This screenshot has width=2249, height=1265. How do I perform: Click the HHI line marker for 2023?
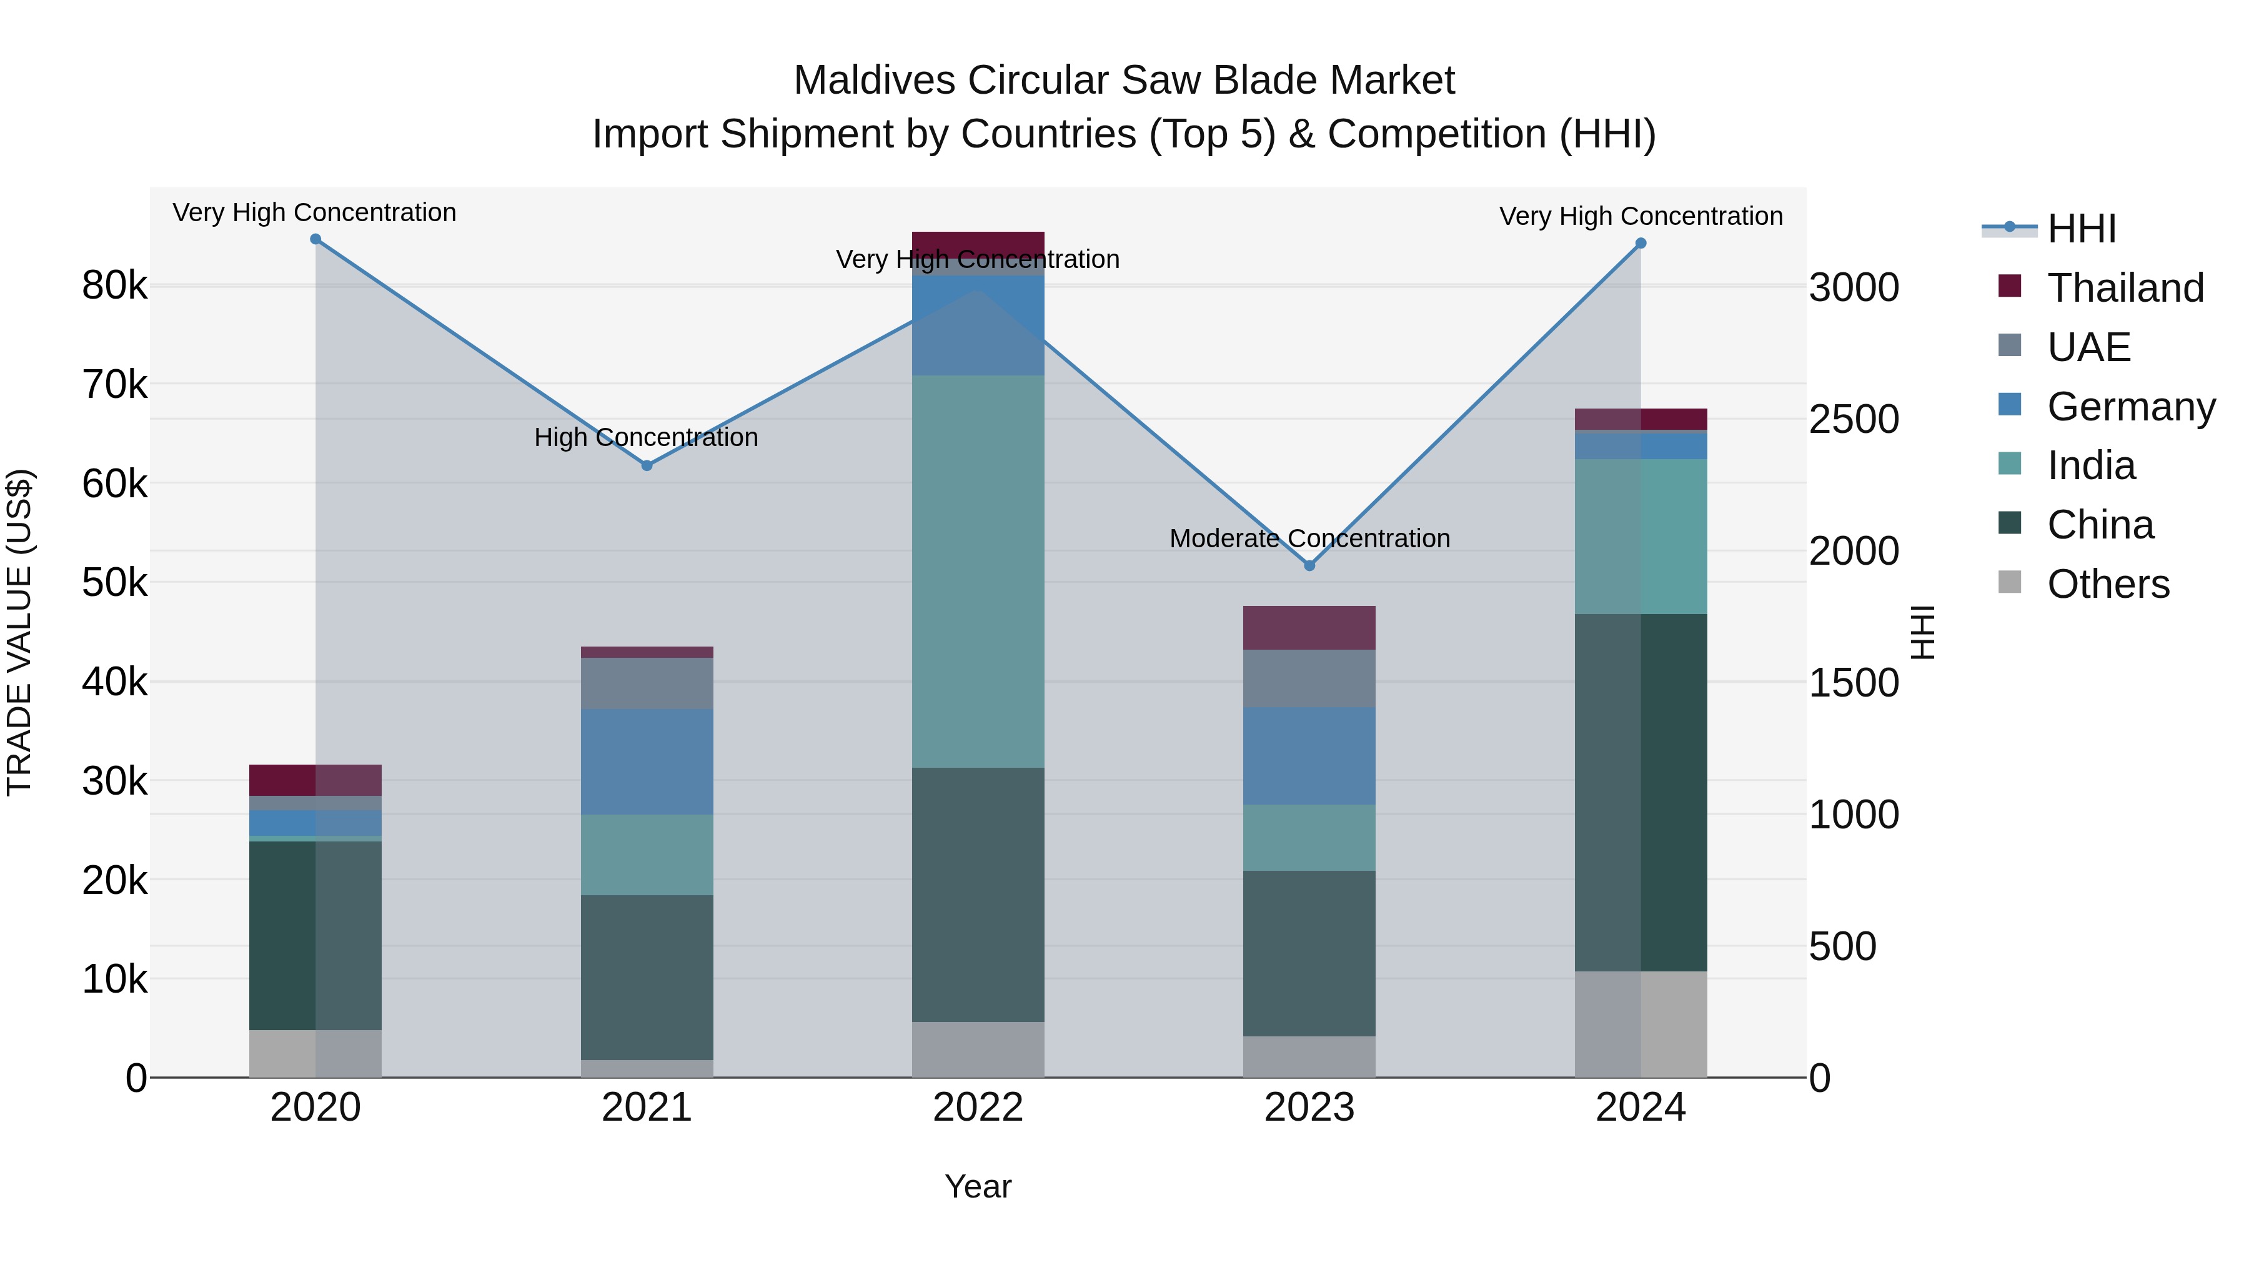coord(1309,566)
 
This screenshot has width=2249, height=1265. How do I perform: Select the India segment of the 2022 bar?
coord(978,572)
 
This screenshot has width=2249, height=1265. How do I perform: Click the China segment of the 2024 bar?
coord(1641,792)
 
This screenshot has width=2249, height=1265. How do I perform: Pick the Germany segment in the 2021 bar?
coord(647,761)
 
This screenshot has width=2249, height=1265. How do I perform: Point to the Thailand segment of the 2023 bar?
coord(1309,628)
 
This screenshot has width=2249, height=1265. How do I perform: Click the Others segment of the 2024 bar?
coord(1641,1024)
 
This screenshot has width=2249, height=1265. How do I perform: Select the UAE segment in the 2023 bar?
coord(1309,678)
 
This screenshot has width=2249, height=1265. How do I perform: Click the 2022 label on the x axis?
coord(978,1108)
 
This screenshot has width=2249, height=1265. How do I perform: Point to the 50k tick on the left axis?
coord(114,582)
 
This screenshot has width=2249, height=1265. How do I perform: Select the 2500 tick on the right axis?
coord(1854,420)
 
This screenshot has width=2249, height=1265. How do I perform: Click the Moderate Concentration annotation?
coord(1309,538)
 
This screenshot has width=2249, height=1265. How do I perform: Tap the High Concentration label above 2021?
coord(646,437)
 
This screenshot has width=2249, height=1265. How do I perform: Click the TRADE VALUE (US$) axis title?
coord(20,632)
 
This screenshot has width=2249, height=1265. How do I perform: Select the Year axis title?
coord(978,1186)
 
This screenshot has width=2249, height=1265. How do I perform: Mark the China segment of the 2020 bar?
coord(315,935)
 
